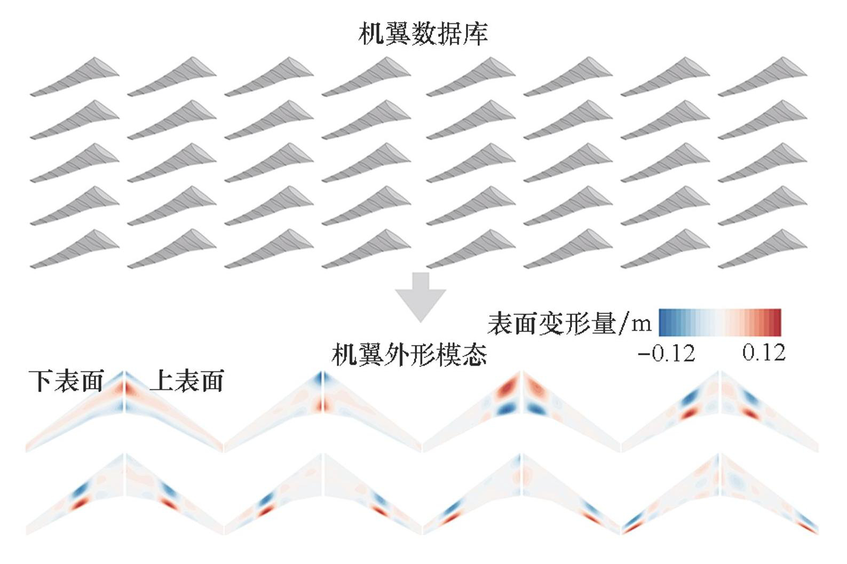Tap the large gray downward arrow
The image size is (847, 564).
(421, 296)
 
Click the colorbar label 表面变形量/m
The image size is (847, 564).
(569, 324)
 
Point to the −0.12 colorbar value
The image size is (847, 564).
(667, 353)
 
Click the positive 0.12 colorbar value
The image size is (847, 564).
(764, 353)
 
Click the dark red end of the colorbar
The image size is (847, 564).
(777, 322)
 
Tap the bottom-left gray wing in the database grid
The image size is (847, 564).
(75, 248)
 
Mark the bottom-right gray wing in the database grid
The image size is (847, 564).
(762, 248)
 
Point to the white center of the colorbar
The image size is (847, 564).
(720, 322)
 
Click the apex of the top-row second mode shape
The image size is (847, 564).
(322, 374)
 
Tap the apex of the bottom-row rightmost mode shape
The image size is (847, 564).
(720, 457)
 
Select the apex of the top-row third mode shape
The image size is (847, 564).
(521, 374)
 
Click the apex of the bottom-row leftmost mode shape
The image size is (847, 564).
(124, 457)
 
